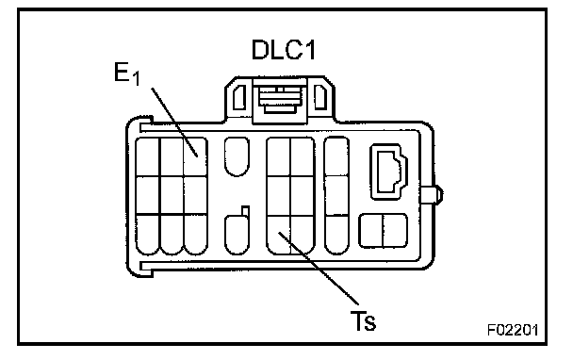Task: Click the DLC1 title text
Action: click(284, 50)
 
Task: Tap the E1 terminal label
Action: click(127, 74)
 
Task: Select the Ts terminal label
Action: click(363, 321)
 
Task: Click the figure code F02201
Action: click(513, 330)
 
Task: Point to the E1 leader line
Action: click(174, 123)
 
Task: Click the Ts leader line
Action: click(319, 268)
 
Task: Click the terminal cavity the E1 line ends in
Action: click(195, 157)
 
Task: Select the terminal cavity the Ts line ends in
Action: click(279, 235)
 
